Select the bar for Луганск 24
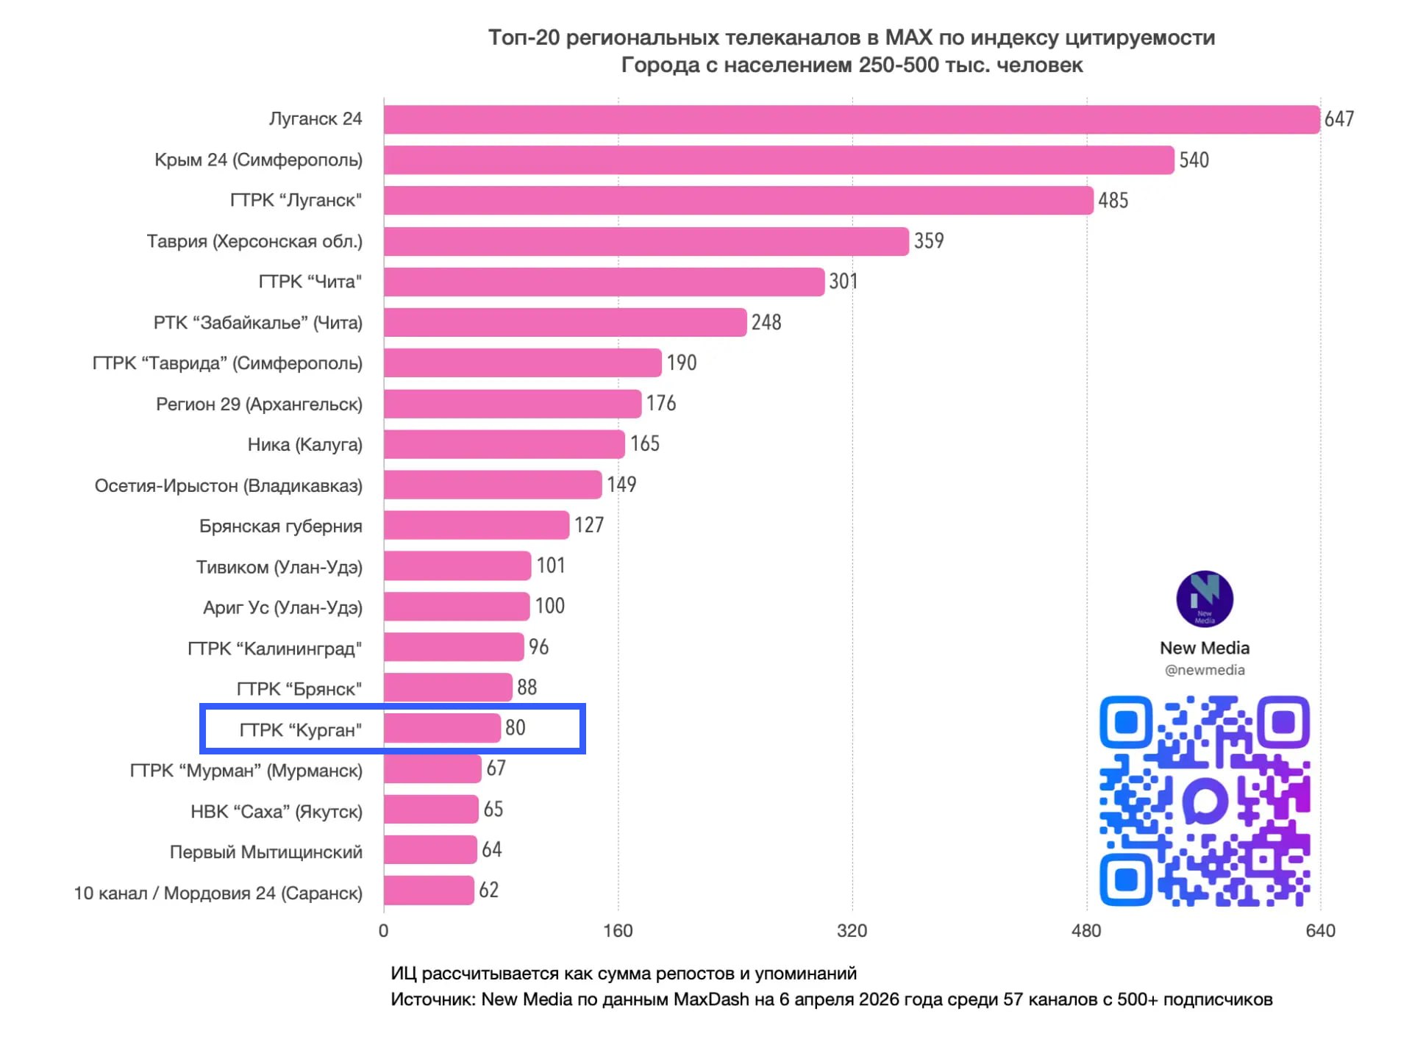851,119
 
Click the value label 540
1194,160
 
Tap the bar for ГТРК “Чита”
603,282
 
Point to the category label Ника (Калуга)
304,445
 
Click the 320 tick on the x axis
852,931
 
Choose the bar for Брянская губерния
476,525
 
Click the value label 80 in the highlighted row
515,728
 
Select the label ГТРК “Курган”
300,730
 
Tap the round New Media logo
1204,599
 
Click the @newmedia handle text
1204,670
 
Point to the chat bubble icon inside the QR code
1205,801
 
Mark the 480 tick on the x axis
1086,931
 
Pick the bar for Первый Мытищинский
430,850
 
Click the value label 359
929,241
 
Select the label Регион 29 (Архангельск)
259,404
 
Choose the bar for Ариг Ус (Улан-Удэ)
456,607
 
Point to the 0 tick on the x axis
383,931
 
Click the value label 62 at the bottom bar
488,890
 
